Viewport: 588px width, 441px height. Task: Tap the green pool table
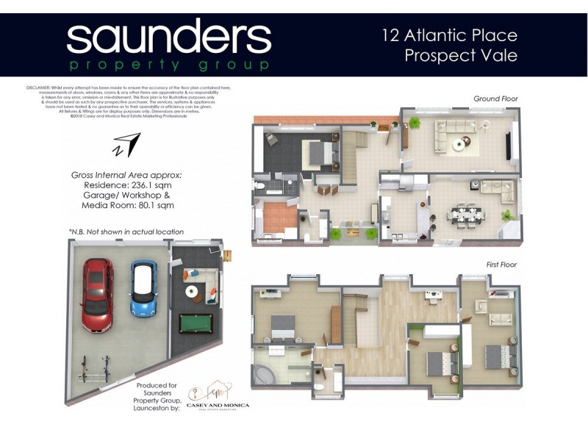(196, 323)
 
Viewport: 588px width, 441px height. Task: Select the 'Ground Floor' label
(495, 98)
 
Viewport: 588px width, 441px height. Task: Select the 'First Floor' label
(501, 265)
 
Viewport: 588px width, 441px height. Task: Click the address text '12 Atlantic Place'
(450, 35)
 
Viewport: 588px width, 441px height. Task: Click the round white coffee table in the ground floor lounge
(459, 145)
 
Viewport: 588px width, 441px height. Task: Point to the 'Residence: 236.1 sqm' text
(126, 186)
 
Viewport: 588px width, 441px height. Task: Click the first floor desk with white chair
(432, 296)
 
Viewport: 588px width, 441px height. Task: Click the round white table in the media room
(192, 292)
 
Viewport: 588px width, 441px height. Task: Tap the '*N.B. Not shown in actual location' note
(126, 232)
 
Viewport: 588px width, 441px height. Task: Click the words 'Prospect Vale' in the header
(461, 55)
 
